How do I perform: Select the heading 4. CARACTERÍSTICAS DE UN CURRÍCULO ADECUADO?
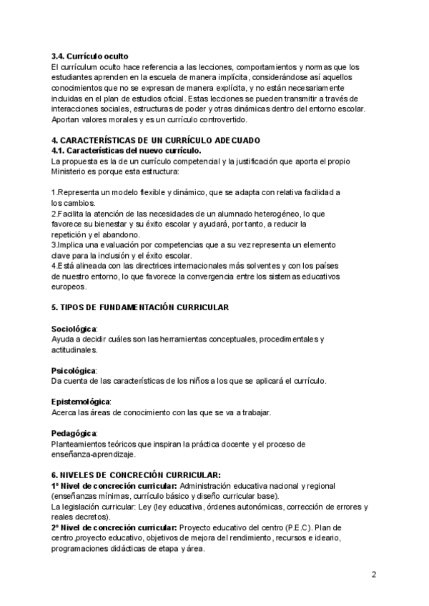pos(156,140)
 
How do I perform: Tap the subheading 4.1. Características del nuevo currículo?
pos(127,151)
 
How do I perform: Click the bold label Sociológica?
pos(74,328)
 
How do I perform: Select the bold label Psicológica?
pos(74,370)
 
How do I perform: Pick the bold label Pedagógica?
pos(74,434)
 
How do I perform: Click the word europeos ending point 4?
pos(69,287)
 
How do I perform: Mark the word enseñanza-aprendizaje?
pos(94,454)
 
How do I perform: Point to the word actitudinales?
pos(75,349)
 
